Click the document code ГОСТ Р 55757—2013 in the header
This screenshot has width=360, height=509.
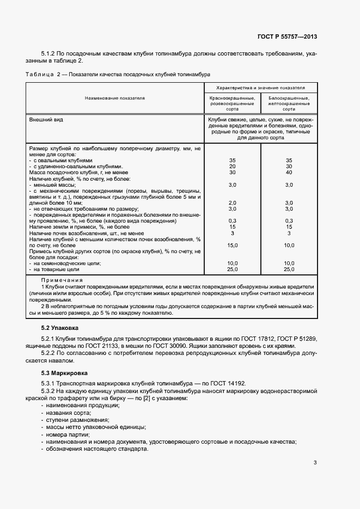click(286, 36)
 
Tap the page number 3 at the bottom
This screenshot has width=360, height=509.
click(315, 463)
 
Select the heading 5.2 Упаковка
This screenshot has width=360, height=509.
click(60, 328)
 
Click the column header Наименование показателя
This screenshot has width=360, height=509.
click(114, 98)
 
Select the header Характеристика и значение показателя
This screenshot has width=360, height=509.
click(260, 87)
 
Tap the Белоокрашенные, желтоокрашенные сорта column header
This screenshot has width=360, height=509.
click(289, 103)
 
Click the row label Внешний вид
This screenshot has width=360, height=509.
click(46, 119)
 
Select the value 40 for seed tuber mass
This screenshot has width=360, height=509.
click(289, 173)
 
